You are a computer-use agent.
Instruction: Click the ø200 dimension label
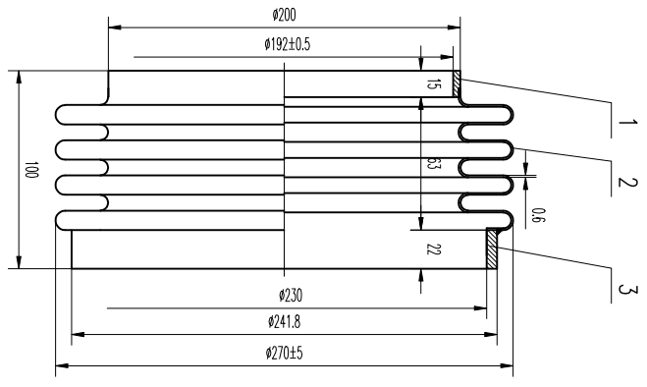coord(285,16)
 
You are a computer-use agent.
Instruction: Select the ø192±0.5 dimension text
coord(288,44)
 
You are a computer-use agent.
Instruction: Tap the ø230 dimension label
coord(291,296)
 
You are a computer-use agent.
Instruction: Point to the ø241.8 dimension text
coord(285,321)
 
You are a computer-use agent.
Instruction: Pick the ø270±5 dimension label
coord(285,354)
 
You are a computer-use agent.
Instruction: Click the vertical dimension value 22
coord(433,249)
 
